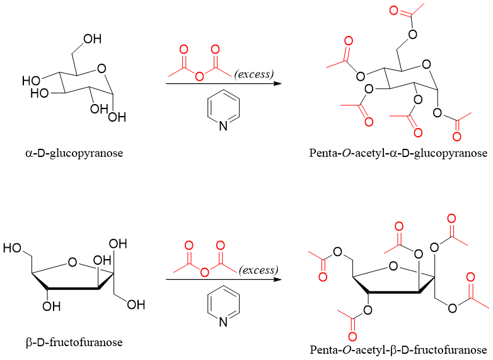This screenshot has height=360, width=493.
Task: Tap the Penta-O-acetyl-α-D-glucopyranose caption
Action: point(398,153)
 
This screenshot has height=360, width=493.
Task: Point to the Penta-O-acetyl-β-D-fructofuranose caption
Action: point(398,349)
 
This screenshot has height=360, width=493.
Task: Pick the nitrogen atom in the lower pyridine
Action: point(223,323)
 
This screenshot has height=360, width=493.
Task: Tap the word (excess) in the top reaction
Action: point(254,74)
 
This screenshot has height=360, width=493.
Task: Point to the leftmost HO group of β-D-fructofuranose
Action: point(13,248)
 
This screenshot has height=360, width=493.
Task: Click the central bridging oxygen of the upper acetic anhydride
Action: point(199,76)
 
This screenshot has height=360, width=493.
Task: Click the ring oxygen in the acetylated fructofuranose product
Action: point(394,266)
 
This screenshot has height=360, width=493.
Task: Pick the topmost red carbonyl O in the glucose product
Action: point(395,11)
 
